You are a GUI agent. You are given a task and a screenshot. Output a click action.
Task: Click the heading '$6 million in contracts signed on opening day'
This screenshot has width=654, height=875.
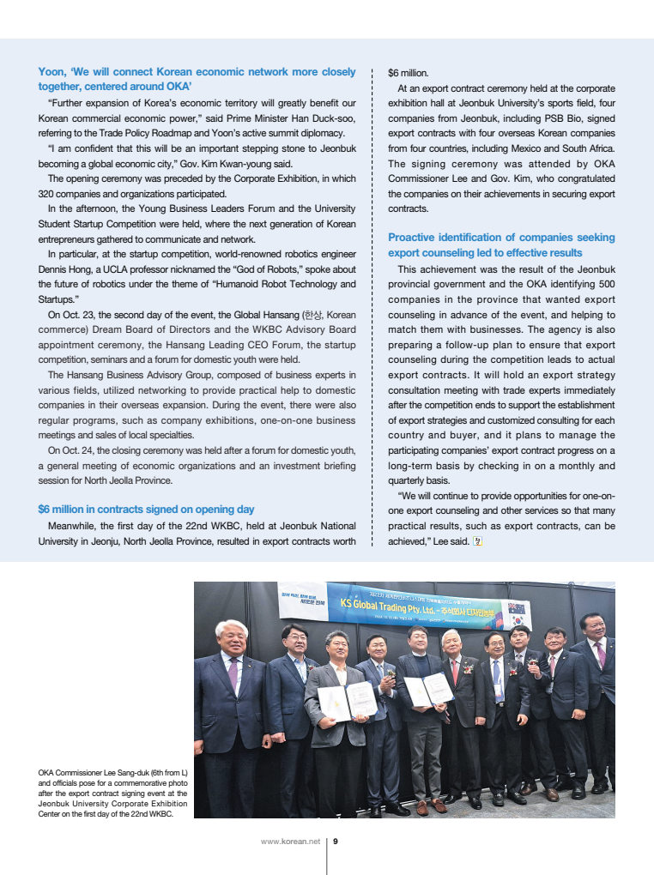[x=146, y=509]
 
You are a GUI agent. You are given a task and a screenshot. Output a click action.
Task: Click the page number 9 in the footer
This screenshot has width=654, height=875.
[x=336, y=842]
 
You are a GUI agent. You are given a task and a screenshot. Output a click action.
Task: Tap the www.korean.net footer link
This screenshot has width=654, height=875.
[x=290, y=842]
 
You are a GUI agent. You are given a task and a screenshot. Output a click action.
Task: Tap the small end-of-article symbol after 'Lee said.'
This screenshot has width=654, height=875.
[x=477, y=540]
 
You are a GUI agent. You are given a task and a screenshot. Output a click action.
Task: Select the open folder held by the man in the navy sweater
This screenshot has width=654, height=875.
[x=427, y=689]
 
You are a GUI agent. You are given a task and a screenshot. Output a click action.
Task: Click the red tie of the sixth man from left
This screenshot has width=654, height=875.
[x=455, y=671]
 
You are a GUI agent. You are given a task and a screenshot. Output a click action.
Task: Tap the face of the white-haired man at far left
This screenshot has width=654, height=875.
[x=231, y=639]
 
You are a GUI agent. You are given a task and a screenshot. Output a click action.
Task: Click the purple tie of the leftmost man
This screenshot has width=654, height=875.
[x=233, y=674]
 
